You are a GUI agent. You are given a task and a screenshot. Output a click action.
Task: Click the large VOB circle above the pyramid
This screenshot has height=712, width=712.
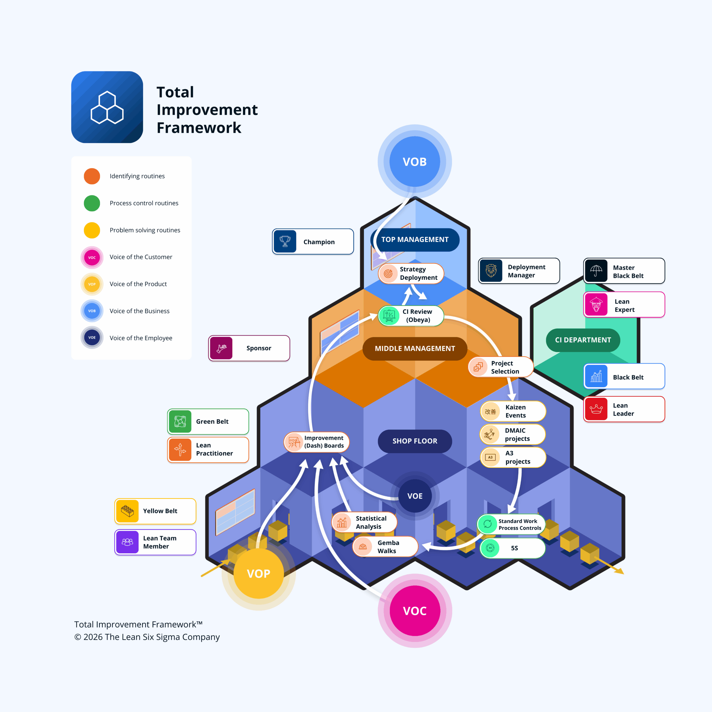[414, 161]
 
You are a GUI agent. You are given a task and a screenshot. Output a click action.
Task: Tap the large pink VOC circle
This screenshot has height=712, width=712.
[414, 611]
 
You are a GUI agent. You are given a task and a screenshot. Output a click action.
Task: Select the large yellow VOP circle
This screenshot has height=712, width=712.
[259, 573]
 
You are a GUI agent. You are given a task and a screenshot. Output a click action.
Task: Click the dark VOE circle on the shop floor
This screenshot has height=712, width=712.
[414, 496]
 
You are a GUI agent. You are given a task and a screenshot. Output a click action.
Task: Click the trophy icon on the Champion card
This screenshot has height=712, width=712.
[285, 241]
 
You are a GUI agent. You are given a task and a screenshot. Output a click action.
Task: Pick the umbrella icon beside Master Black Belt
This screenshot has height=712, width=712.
[596, 271]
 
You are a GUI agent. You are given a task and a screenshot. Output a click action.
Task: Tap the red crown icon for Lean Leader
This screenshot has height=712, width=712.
[596, 409]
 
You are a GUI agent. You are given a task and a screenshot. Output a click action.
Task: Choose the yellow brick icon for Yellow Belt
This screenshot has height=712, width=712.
[127, 511]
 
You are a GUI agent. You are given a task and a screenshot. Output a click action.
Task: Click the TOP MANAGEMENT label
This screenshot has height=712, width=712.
[414, 239]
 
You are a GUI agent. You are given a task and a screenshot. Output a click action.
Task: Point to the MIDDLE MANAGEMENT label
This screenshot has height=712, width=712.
[414, 348]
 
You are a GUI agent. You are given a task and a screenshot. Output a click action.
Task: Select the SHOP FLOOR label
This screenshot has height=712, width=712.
[414, 441]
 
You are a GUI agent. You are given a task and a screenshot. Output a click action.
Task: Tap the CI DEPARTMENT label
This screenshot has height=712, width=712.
[583, 340]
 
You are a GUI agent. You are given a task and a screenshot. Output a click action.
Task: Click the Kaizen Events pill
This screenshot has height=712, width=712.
[513, 411]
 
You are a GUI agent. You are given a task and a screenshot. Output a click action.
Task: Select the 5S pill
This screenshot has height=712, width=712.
[513, 548]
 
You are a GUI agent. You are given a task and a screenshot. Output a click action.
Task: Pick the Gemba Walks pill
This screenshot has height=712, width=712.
[385, 546]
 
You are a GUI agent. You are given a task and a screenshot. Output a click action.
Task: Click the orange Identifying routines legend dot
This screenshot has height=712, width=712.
[92, 176]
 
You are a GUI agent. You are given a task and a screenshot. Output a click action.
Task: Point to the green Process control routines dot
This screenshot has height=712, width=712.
[92, 203]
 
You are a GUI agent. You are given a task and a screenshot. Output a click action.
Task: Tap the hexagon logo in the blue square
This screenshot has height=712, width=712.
[107, 107]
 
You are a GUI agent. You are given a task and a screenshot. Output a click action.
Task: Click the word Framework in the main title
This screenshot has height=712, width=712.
[199, 128]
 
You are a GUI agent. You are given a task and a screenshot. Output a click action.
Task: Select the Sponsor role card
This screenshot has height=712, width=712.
[249, 348]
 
